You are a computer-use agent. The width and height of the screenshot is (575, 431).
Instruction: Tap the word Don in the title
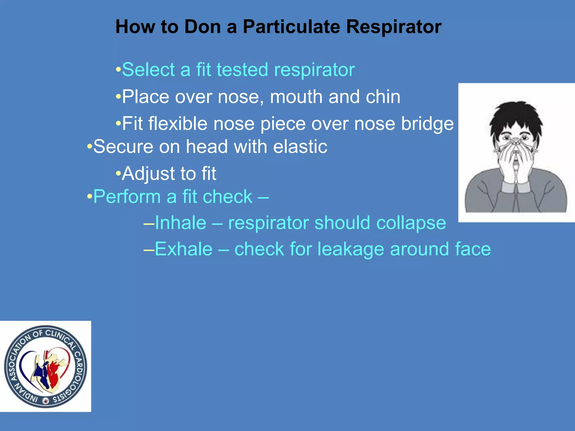coord(202,27)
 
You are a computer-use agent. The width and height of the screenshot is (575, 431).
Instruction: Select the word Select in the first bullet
coord(148,70)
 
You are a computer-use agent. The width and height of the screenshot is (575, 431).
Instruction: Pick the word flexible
coord(178,123)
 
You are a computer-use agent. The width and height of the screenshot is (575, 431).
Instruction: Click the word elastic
coord(300,146)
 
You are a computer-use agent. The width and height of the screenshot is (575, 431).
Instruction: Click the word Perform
coord(127,196)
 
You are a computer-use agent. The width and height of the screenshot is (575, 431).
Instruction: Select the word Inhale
coord(181,223)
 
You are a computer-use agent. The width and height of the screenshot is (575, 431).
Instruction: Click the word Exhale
coord(184,249)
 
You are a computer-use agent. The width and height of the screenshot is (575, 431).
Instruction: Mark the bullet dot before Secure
coord(90,146)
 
